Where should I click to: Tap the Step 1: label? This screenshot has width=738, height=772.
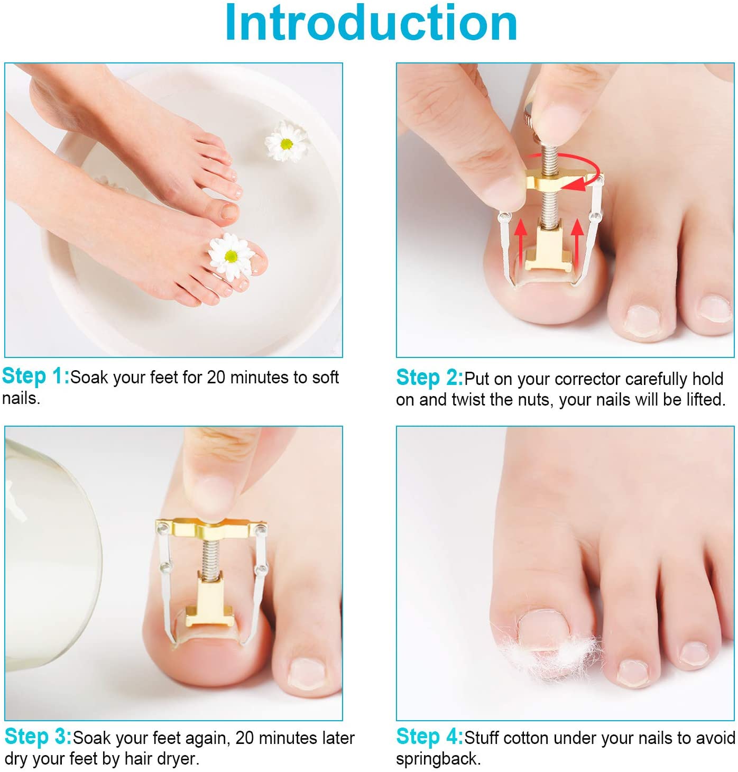[35, 376]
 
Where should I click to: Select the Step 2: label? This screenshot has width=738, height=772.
[429, 378]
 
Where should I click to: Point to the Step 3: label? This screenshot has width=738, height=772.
[38, 737]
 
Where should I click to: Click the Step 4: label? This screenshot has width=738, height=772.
[429, 737]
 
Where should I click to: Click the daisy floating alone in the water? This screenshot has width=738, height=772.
[286, 142]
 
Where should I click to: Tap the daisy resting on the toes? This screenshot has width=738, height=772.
[230, 256]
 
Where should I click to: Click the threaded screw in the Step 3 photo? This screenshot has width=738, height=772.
[210, 558]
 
